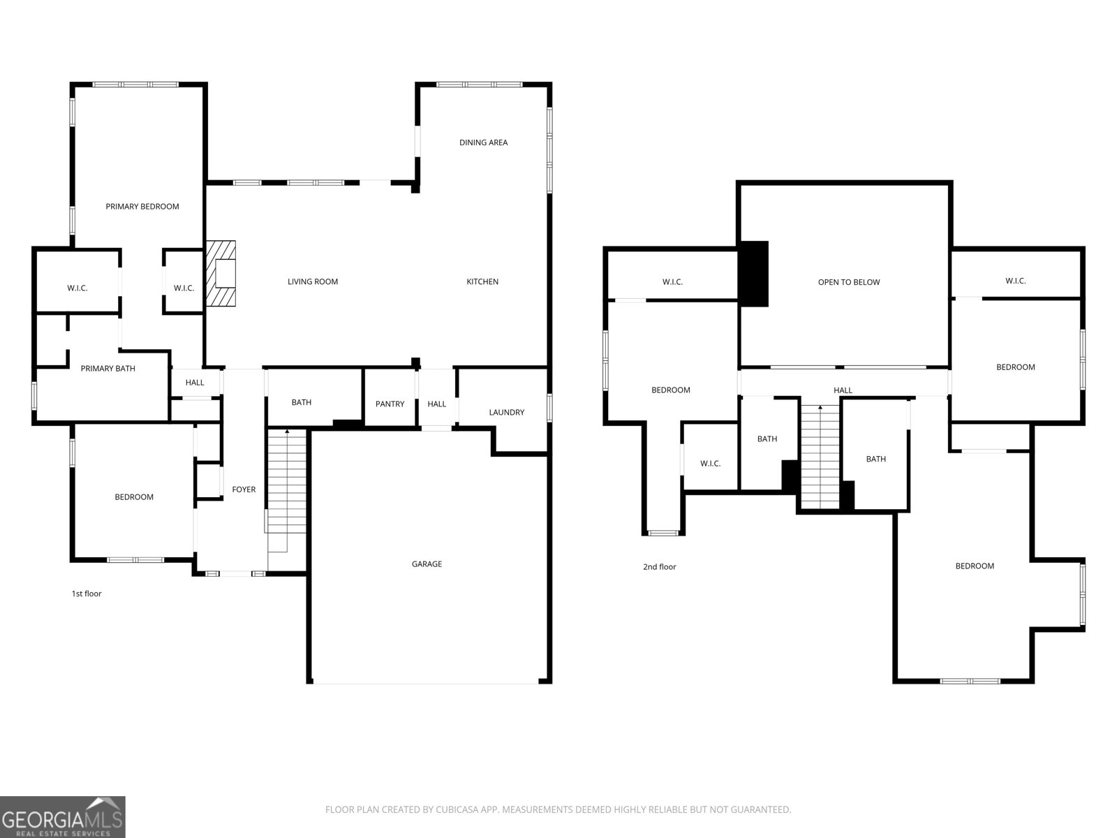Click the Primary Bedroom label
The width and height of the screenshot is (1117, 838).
142,206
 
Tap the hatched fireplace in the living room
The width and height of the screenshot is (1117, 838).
221,274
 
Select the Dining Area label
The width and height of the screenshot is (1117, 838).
483,142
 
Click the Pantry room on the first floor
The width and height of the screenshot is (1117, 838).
390,404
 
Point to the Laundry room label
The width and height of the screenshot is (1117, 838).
506,412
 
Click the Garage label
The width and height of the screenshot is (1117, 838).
427,564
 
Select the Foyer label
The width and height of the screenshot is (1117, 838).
244,490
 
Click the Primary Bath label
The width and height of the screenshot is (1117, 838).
108,368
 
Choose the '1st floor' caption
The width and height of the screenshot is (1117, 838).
87,594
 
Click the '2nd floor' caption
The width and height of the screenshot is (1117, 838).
659,567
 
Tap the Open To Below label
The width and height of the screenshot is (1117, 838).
848,282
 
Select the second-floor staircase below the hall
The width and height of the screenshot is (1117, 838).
820,457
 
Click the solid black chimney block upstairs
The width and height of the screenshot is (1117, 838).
754,274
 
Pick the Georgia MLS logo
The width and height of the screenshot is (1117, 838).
63,816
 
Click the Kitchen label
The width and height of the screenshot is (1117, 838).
482,281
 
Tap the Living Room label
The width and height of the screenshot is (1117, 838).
313,281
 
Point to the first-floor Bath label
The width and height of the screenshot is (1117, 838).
302,402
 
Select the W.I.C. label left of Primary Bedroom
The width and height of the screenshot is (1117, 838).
77,288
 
